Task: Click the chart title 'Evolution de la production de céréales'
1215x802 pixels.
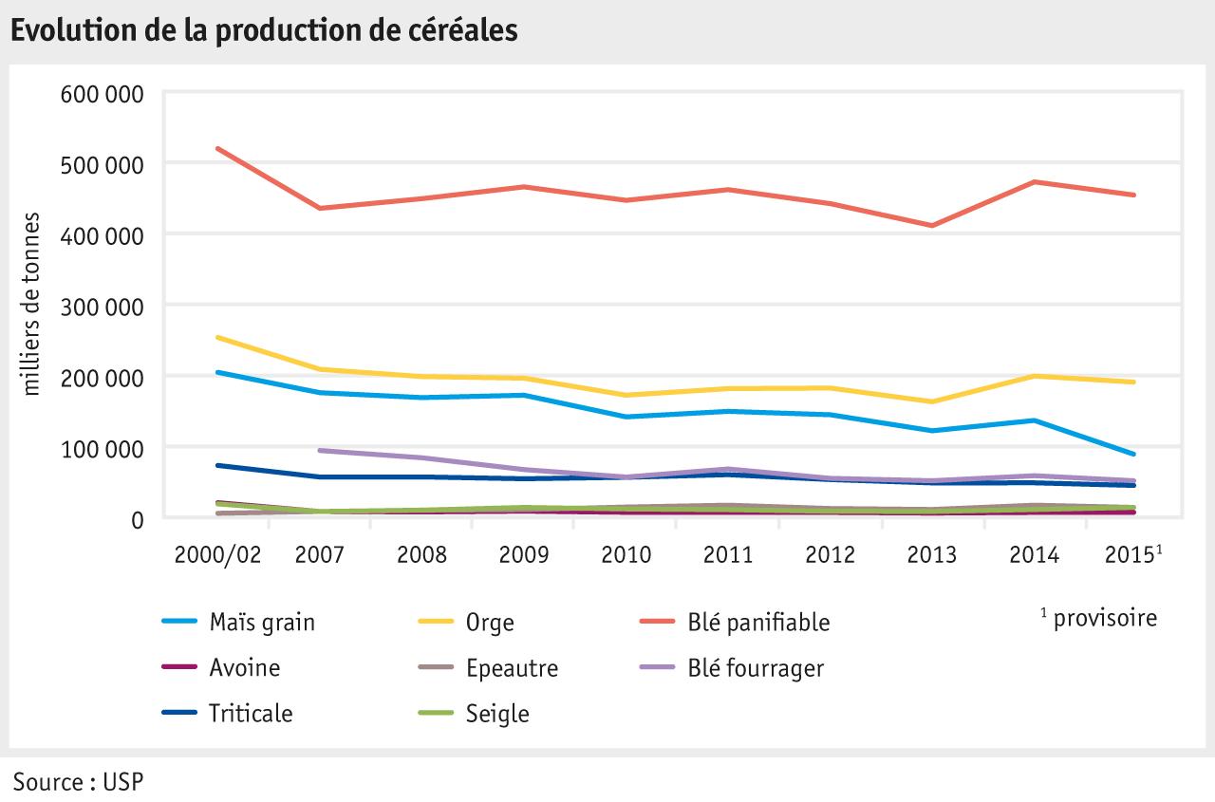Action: tap(264, 29)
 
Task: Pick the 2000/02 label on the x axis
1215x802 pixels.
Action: tap(216, 554)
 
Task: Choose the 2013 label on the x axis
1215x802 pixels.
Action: tap(931, 554)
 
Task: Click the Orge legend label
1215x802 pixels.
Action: tap(490, 623)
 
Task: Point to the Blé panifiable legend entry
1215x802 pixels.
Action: tap(758, 623)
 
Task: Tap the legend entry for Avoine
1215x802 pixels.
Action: tap(244, 668)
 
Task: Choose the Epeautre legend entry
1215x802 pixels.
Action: tap(512, 668)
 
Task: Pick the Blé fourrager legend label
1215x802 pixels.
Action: tap(756, 668)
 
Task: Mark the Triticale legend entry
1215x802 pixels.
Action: tap(251, 714)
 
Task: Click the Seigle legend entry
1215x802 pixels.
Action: tap(497, 714)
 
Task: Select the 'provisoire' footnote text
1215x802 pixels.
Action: tap(1104, 619)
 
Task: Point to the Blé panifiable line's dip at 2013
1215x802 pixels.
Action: tap(932, 225)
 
